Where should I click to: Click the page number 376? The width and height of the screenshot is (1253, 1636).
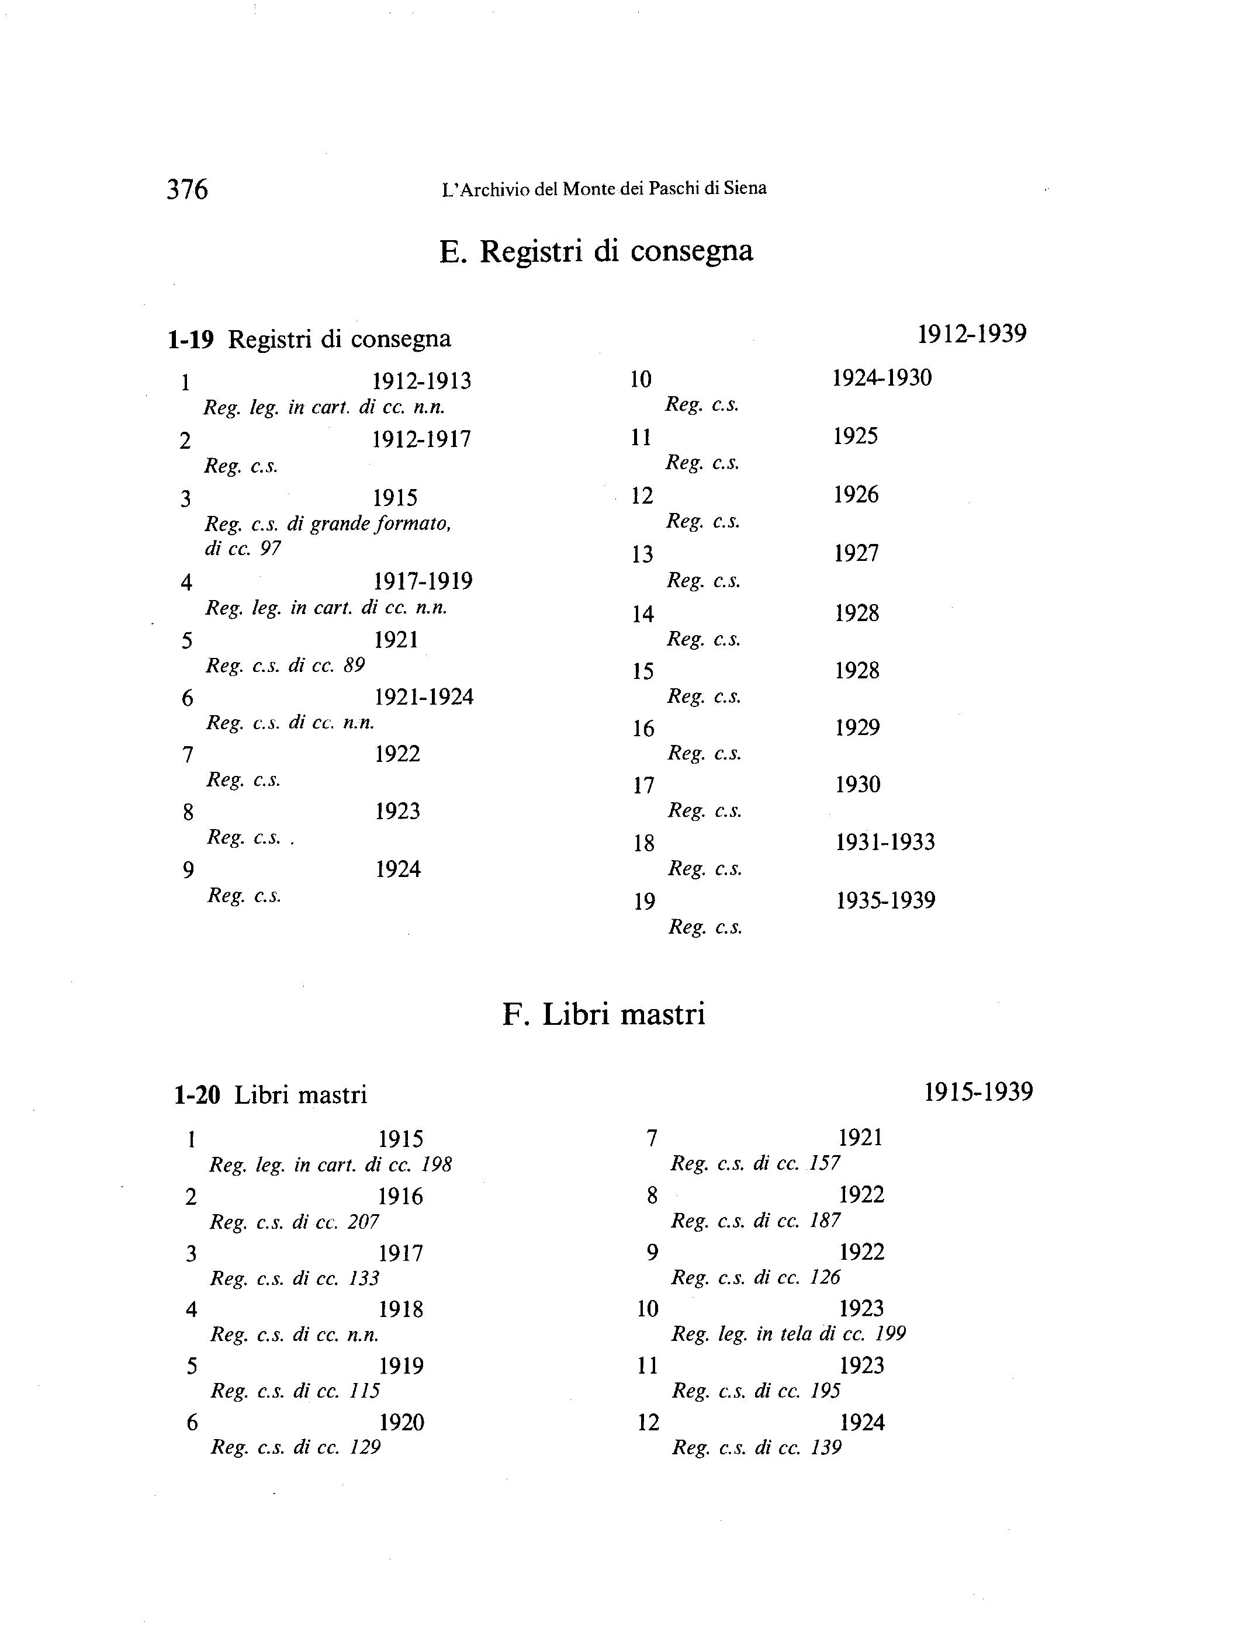[187, 189]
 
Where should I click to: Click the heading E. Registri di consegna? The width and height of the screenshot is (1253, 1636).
[596, 251]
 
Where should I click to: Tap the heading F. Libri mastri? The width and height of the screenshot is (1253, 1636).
[603, 1014]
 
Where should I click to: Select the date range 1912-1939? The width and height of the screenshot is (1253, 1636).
[971, 334]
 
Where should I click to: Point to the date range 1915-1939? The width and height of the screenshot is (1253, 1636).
[978, 1093]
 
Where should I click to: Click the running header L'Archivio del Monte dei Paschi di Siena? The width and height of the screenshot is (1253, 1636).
[604, 189]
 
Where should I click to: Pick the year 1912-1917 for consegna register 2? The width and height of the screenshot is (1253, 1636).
[421, 439]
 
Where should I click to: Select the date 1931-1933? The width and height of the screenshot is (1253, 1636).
[885, 843]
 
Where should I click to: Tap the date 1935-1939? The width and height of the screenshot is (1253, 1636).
[885, 901]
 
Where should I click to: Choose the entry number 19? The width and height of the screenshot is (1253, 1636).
[645, 902]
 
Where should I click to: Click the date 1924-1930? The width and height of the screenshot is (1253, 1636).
[881, 378]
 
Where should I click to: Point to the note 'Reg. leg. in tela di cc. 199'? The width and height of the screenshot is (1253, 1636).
[788, 1334]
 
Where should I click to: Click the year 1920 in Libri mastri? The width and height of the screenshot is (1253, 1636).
[401, 1423]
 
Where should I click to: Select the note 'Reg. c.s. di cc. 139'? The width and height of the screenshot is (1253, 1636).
[756, 1448]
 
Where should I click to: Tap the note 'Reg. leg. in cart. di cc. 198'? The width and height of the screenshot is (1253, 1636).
[330, 1164]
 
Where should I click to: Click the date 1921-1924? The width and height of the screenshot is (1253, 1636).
[424, 697]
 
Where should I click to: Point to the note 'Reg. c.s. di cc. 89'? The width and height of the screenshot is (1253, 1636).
[285, 665]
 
